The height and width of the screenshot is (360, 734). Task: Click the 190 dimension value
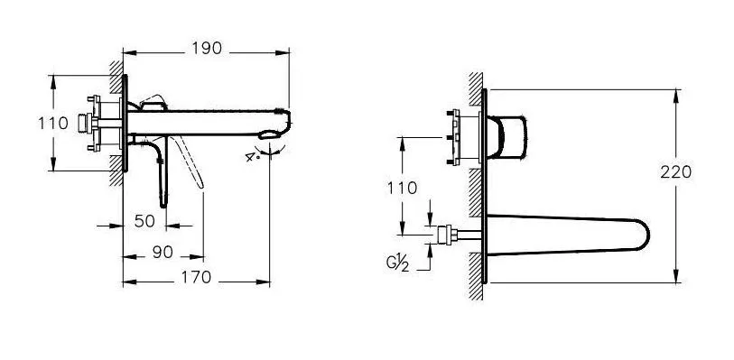coord(207,48)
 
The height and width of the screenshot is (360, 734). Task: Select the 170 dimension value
coord(196,277)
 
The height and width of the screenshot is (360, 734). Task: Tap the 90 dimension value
coord(163,253)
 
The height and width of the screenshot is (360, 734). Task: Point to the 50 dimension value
coord(144,221)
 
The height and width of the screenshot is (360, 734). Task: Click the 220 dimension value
coord(676,172)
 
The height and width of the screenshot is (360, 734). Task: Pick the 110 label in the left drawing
coord(53,124)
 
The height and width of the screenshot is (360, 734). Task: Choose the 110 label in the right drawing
coord(402,188)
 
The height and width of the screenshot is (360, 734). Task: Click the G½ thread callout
coord(397,263)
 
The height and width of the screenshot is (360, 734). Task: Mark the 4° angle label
coord(252,156)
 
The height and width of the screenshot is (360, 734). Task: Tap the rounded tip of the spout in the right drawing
coord(645,235)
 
